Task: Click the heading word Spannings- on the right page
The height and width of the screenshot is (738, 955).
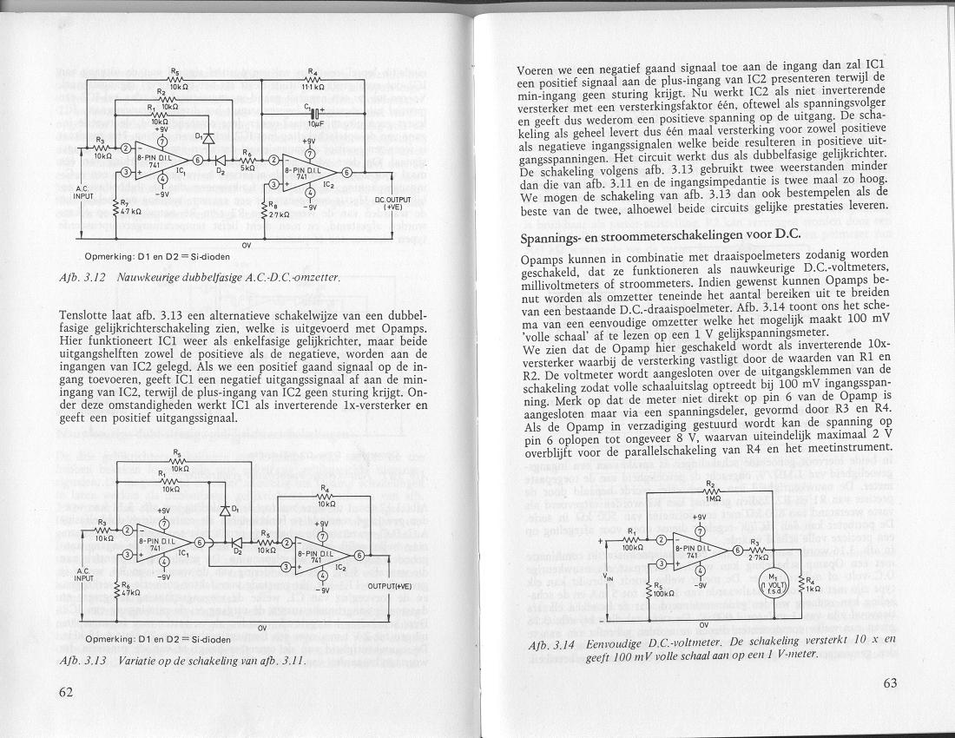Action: click(x=555, y=237)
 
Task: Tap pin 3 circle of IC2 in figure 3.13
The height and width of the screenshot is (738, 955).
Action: click(x=285, y=568)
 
